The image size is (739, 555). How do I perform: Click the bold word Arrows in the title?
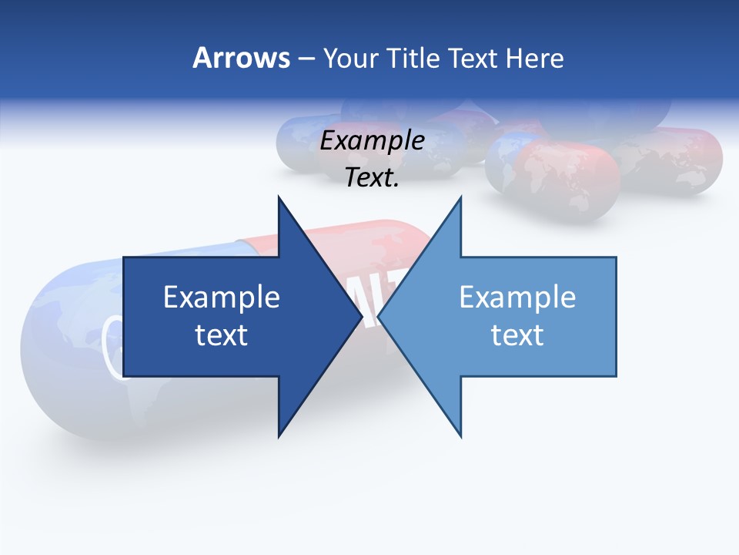(241, 58)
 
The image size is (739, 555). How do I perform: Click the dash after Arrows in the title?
(306, 59)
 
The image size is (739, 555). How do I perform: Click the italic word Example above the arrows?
(373, 141)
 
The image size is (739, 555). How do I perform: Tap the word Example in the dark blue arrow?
(222, 297)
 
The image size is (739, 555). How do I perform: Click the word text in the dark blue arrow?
(222, 335)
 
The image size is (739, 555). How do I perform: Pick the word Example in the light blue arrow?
(517, 297)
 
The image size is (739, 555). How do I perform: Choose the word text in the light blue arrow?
(517, 335)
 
